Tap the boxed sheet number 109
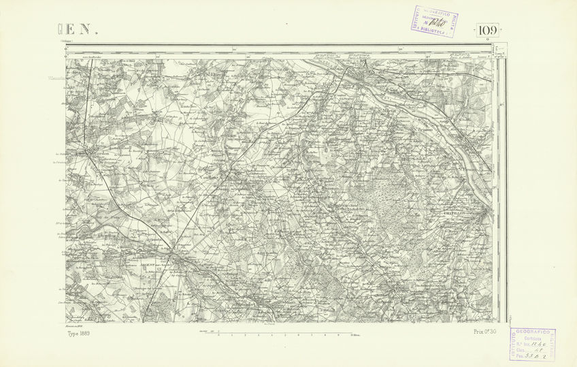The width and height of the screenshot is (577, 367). (487, 31)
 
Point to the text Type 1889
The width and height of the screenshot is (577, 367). (78, 333)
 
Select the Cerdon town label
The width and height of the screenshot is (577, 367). (96, 154)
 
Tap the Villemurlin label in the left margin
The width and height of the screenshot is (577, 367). (56, 78)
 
